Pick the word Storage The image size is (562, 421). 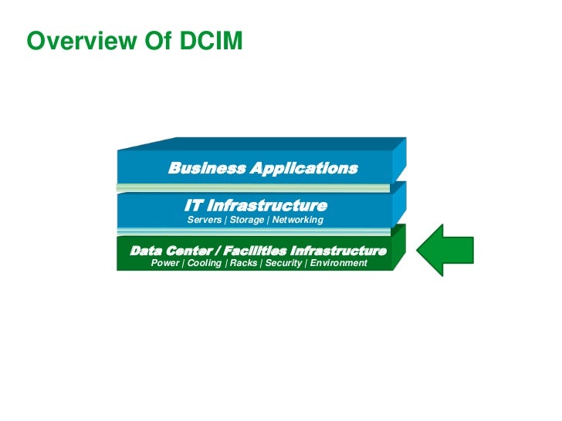tap(246, 221)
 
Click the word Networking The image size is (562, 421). tap(297, 221)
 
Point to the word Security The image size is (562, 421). tap(283, 264)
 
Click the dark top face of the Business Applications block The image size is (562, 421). tap(262, 143)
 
